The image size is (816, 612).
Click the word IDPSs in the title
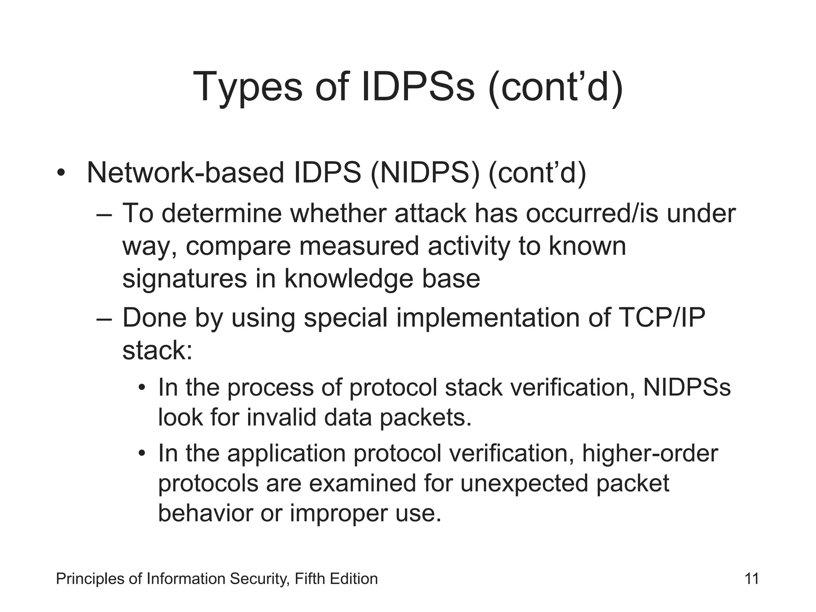click(x=418, y=86)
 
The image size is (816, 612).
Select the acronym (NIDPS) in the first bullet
click(x=425, y=173)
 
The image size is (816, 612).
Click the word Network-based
click(x=185, y=173)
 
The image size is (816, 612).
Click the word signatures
click(x=184, y=279)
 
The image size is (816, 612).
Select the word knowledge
click(x=349, y=279)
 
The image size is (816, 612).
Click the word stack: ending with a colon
click(x=157, y=351)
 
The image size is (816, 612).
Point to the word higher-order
click(x=649, y=453)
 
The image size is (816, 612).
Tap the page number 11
click(x=751, y=579)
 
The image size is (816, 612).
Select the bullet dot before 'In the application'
click(x=142, y=453)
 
